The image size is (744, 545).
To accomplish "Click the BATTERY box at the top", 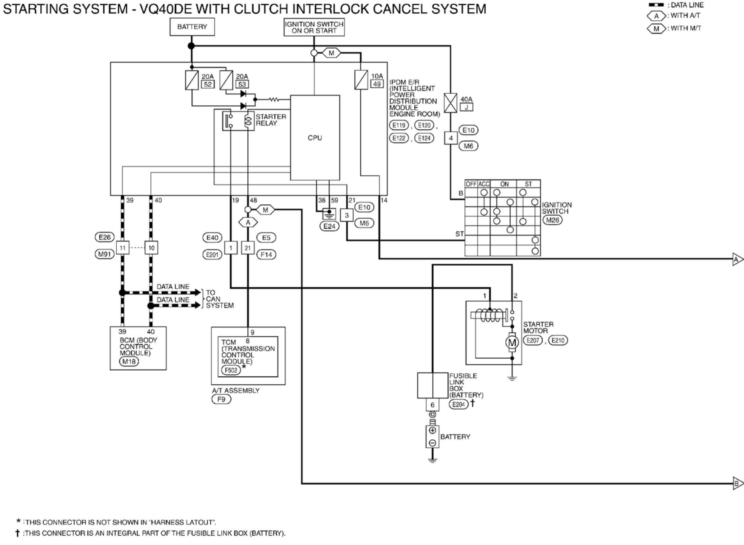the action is click(x=192, y=27).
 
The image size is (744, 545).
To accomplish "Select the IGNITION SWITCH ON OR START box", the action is click(x=314, y=27).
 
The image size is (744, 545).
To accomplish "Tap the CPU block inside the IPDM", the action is click(x=315, y=138).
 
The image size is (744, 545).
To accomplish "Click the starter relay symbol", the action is click(x=238, y=121).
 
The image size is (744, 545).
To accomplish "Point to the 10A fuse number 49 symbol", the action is click(x=361, y=80).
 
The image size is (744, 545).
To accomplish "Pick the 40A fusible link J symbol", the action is click(x=450, y=103).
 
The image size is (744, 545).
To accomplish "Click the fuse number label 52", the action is click(x=208, y=84).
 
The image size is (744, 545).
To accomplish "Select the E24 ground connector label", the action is click(x=329, y=226).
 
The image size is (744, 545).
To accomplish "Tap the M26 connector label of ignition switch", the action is click(x=552, y=220).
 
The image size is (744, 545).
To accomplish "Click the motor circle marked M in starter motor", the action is click(x=512, y=343).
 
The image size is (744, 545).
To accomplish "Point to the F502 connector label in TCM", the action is click(x=231, y=370).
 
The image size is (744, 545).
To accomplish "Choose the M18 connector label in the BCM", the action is click(x=129, y=361).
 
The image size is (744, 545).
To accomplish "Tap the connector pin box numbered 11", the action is click(x=123, y=248).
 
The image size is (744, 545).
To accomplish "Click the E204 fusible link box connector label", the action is click(x=458, y=405).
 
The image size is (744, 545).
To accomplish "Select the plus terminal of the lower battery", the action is click(x=432, y=430).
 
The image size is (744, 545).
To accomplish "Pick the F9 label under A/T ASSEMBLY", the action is click(x=221, y=400).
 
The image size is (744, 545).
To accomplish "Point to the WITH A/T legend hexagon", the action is click(x=656, y=16).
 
